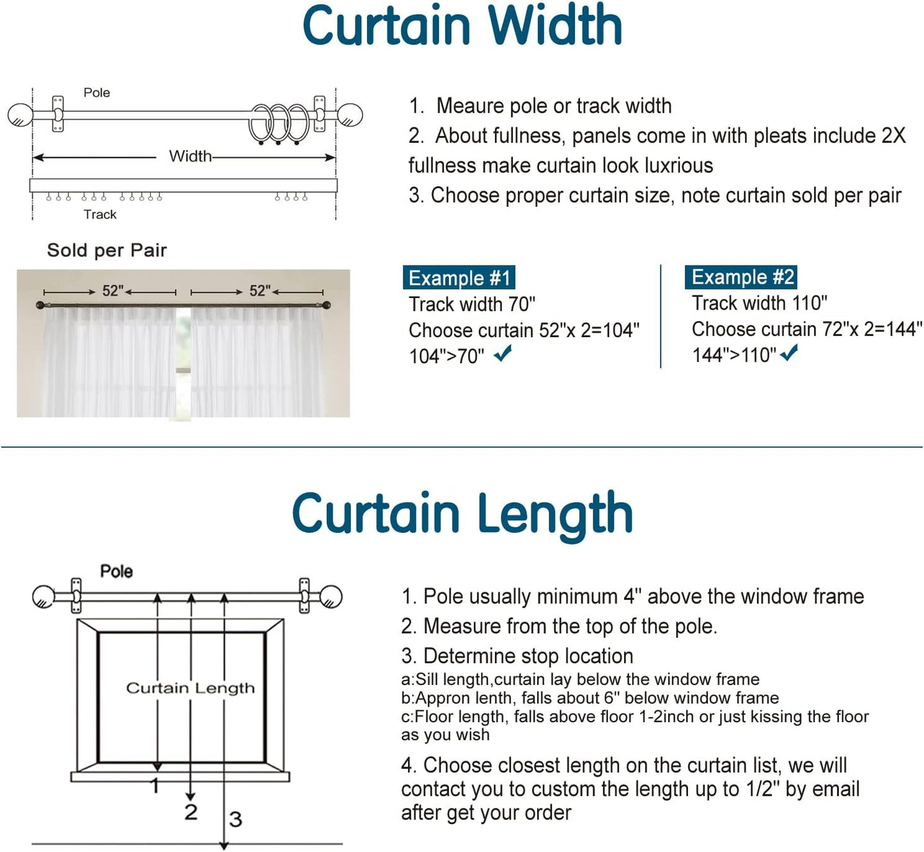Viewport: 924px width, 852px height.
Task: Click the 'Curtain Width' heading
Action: tap(462, 26)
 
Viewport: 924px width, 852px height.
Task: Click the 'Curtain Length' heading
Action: tap(462, 514)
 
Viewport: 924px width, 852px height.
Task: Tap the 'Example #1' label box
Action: tap(458, 278)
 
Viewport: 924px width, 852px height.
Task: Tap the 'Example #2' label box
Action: tap(741, 277)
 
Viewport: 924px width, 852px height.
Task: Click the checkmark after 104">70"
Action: tap(503, 353)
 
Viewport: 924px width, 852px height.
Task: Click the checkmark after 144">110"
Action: tap(789, 352)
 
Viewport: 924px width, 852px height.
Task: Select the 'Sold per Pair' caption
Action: tap(107, 250)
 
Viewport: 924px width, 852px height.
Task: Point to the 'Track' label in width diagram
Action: tap(100, 214)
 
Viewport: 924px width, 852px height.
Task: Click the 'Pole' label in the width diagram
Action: tap(97, 93)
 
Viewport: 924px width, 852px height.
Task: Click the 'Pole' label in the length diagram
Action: tap(116, 571)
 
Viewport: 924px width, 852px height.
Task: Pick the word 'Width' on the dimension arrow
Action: tap(190, 156)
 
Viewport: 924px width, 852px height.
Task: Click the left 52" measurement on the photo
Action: tap(113, 291)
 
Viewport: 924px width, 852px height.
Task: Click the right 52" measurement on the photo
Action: tap(260, 291)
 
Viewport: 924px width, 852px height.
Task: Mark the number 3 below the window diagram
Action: tap(235, 819)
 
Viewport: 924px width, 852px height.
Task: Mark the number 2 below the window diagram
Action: tap(191, 812)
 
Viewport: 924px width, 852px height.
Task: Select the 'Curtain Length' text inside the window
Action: tap(190, 688)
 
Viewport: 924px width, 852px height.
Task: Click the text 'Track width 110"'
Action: tap(759, 303)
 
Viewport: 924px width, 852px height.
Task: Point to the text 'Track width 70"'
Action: tap(472, 304)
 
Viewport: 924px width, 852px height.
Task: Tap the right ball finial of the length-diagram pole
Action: tap(331, 597)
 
